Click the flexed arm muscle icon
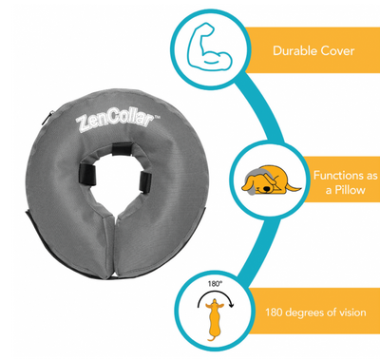click(x=209, y=47)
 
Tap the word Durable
click(x=294, y=50)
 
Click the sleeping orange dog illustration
click(x=271, y=180)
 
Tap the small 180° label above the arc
click(x=215, y=284)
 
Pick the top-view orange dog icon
click(x=215, y=319)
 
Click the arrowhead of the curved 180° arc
click(x=232, y=305)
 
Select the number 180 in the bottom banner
click(x=274, y=313)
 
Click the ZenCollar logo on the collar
click(x=115, y=122)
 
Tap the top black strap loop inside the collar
click(x=123, y=149)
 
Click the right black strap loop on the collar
click(x=145, y=182)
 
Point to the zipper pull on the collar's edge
click(x=51, y=116)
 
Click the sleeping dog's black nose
click(x=268, y=189)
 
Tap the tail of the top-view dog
click(x=211, y=338)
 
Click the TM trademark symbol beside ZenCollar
click(x=157, y=118)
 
